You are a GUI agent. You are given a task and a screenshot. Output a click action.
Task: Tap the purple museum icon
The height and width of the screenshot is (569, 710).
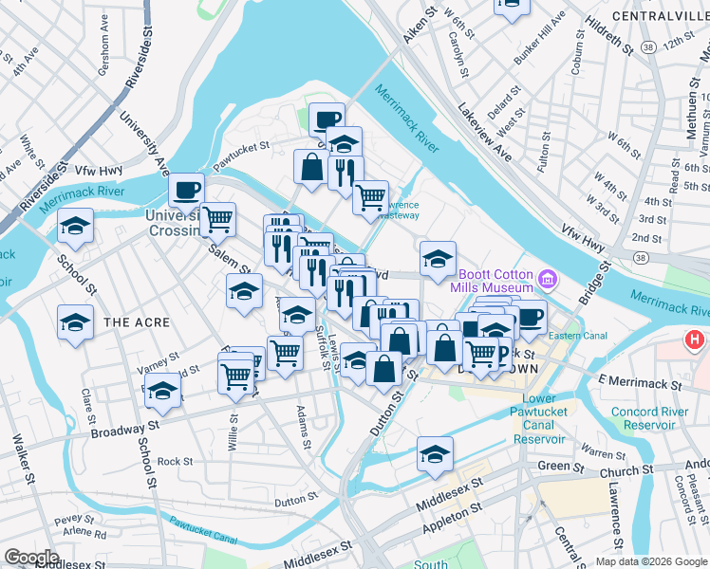click(548, 279)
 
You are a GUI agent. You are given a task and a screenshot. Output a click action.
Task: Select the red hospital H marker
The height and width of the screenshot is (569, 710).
click(696, 340)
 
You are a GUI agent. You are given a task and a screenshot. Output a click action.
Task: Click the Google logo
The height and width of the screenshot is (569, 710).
click(31, 557)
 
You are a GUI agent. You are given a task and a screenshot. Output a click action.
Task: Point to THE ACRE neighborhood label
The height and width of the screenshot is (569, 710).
click(137, 322)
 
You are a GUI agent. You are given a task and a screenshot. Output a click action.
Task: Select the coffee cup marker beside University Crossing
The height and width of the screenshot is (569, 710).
click(186, 189)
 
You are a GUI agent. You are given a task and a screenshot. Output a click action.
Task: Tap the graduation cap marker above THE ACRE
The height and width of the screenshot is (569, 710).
click(76, 321)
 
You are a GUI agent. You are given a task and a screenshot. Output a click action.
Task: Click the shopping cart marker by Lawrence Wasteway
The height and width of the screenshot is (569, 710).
click(370, 197)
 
